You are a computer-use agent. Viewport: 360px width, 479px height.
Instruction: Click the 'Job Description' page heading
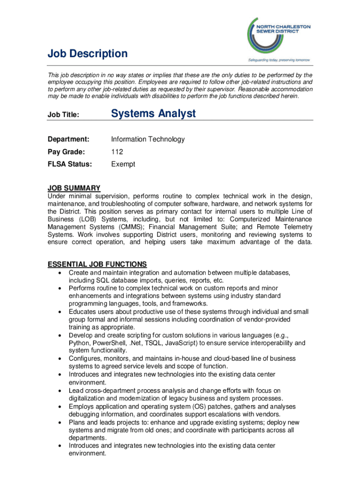coord(87,54)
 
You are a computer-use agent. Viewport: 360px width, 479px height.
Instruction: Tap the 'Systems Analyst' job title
coord(153,114)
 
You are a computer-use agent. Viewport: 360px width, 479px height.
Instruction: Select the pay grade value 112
coord(117,152)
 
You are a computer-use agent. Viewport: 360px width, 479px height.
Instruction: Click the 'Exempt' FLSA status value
coord(123,164)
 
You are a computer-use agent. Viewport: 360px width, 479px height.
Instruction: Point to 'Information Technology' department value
coord(148,139)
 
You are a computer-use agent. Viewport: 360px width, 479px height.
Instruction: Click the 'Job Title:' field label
coord(64,115)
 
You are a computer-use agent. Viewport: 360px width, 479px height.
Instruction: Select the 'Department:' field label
coord(68,139)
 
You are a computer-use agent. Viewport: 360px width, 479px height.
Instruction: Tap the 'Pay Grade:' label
coord(66,152)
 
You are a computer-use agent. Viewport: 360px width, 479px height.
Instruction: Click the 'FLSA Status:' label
coord(70,164)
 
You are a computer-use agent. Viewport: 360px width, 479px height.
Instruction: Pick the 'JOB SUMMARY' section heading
coord(74,188)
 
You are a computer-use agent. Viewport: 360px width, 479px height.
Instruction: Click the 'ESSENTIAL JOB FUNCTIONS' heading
coord(97,264)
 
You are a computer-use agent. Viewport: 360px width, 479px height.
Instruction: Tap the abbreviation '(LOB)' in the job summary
coord(86,219)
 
